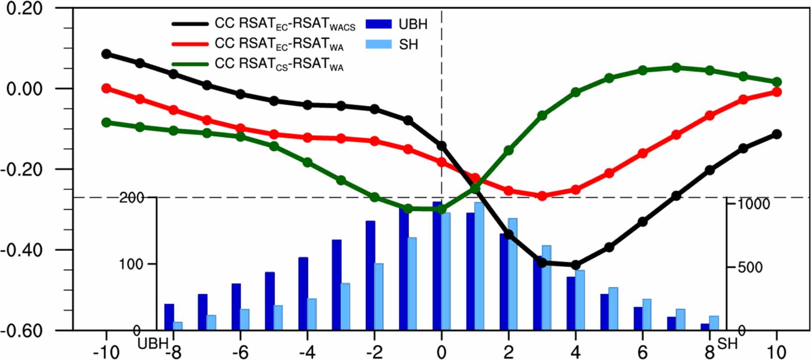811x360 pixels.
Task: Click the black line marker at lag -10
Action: pyautogui.click(x=106, y=54)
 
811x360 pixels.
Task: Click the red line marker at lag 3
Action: pyautogui.click(x=542, y=196)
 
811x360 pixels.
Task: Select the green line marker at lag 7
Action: pyautogui.click(x=676, y=68)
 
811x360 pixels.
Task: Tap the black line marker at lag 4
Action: pyautogui.click(x=575, y=265)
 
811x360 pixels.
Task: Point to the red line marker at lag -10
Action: pyautogui.click(x=106, y=88)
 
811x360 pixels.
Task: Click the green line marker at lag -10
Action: pyautogui.click(x=106, y=123)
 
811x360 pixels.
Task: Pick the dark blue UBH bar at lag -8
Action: pyautogui.click(x=169, y=317)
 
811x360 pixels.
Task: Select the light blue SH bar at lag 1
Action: pyautogui.click(x=479, y=266)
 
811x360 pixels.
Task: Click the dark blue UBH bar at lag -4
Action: pyautogui.click(x=303, y=293)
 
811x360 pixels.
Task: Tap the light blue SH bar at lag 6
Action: pyautogui.click(x=647, y=314)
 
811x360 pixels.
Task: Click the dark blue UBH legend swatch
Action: pyautogui.click(x=378, y=24)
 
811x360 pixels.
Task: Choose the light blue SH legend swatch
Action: pyautogui.click(x=378, y=45)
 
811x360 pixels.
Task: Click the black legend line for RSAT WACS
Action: pyautogui.click(x=190, y=24)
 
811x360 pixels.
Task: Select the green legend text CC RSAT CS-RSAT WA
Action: pyautogui.click(x=279, y=64)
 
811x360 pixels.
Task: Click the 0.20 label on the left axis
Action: pyautogui.click(x=24, y=8)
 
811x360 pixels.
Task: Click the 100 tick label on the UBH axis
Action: pyautogui.click(x=130, y=264)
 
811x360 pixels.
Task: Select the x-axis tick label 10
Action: pyautogui.click(x=776, y=352)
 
